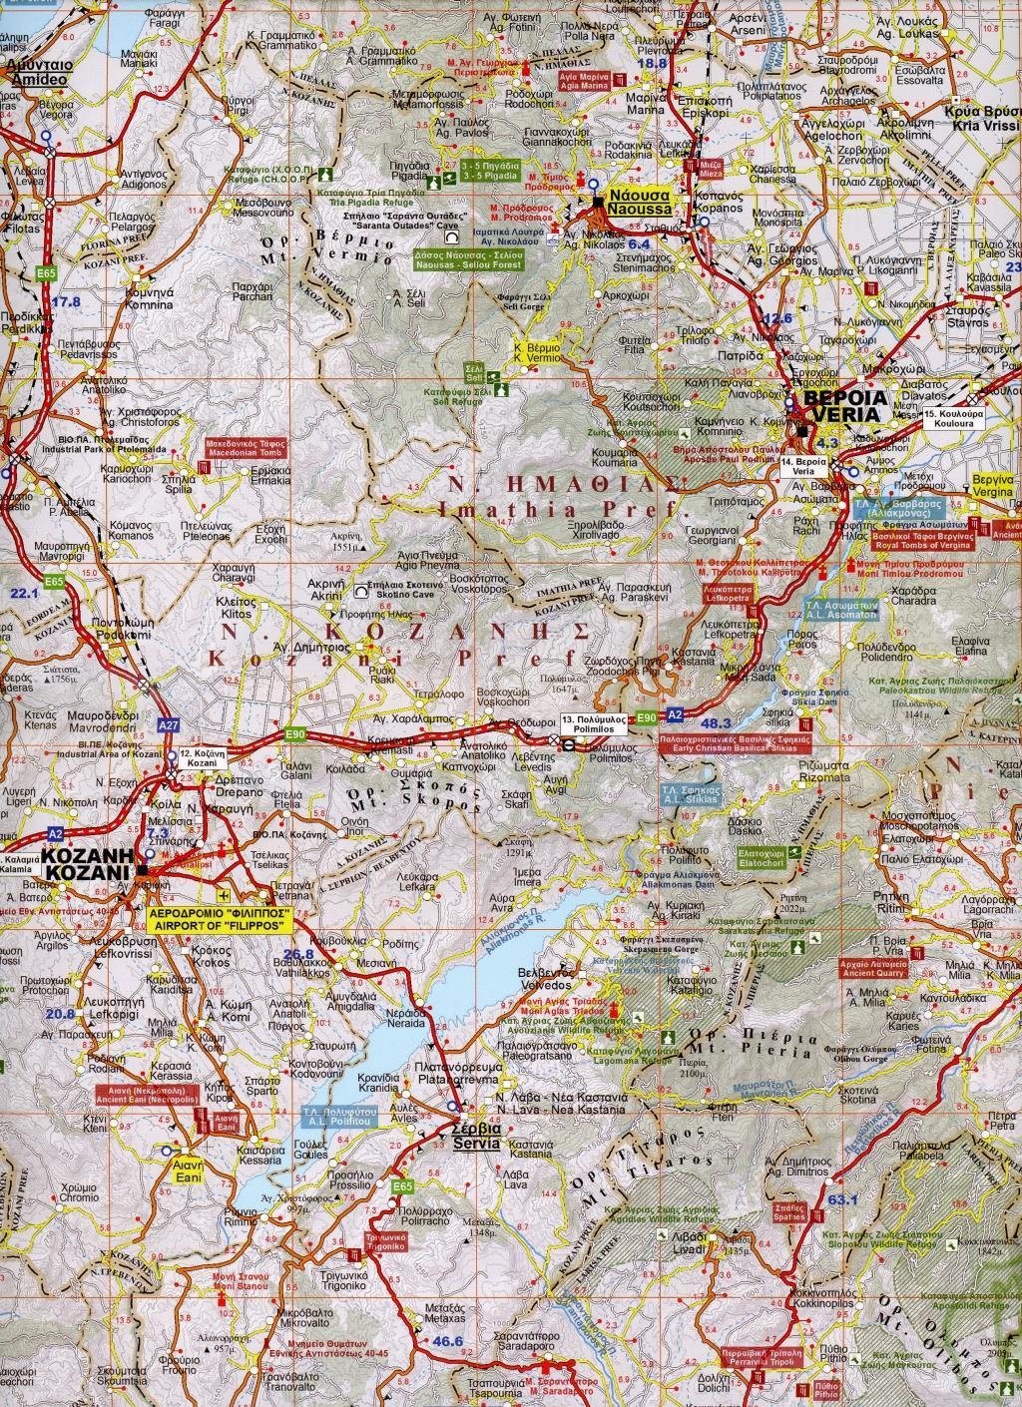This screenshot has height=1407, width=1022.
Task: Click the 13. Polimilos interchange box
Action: click(x=595, y=724)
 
